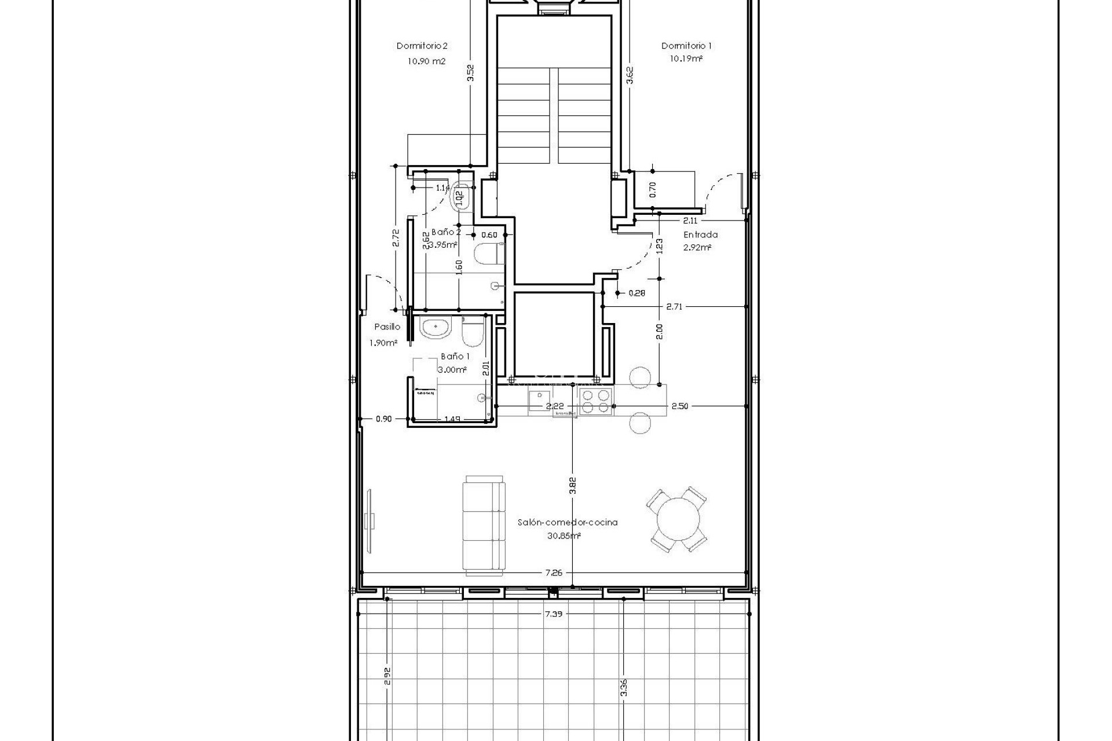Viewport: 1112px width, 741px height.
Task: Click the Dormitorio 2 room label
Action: click(x=422, y=46)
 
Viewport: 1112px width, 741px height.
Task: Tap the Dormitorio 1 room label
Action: click(x=686, y=46)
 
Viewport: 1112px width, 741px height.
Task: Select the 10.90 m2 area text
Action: click(x=426, y=61)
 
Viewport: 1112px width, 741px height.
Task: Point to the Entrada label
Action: click(x=700, y=234)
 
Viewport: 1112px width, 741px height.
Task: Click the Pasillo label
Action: click(x=387, y=327)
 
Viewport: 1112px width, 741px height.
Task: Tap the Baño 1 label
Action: click(x=455, y=357)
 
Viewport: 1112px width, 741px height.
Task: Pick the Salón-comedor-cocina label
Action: click(x=567, y=522)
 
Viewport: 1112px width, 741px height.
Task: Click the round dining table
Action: click(x=676, y=520)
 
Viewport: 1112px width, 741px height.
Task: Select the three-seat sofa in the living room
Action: click(x=484, y=526)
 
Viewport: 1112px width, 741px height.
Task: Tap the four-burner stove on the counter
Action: click(x=596, y=401)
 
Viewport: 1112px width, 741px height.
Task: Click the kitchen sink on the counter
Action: click(x=538, y=400)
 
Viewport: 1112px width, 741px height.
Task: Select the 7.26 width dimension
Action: click(x=553, y=573)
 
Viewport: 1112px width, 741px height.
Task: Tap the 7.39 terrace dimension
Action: click(x=553, y=630)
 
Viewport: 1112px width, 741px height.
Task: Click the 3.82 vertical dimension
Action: click(x=572, y=485)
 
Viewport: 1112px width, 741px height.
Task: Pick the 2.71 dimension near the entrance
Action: click(x=674, y=307)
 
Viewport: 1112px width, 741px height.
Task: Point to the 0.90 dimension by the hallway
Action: click(x=383, y=419)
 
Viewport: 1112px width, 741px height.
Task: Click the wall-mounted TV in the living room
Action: click(x=371, y=519)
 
